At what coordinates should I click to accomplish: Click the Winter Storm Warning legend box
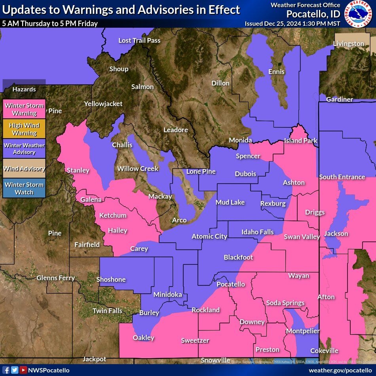[x=24, y=109]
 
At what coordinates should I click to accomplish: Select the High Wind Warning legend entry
[x=24, y=129]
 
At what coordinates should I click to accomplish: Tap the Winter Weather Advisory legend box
[x=24, y=149]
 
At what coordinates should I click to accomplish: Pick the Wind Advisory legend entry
[x=24, y=169]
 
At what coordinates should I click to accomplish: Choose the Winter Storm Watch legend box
[x=24, y=188]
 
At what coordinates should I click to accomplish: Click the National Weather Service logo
[x=359, y=14]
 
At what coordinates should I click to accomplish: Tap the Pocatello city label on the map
[x=231, y=284]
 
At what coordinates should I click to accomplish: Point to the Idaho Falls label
[x=258, y=232]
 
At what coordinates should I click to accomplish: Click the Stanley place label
[x=78, y=170]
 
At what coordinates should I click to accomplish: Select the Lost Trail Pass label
[x=139, y=40]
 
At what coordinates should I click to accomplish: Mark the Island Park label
[x=300, y=141]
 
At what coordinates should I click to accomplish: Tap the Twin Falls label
[x=107, y=311]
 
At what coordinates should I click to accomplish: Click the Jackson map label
[x=336, y=234]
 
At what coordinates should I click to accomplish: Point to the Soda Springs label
[x=285, y=303]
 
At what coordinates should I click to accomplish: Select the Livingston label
[x=348, y=44]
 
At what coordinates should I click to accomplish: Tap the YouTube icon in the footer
[x=23, y=370]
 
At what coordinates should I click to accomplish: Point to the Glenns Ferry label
[x=55, y=278]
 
